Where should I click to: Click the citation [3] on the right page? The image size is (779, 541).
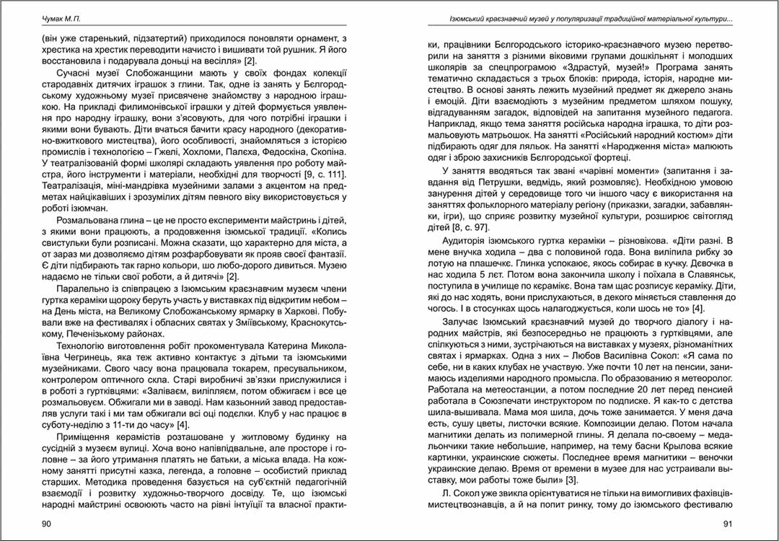(x=571, y=480)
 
